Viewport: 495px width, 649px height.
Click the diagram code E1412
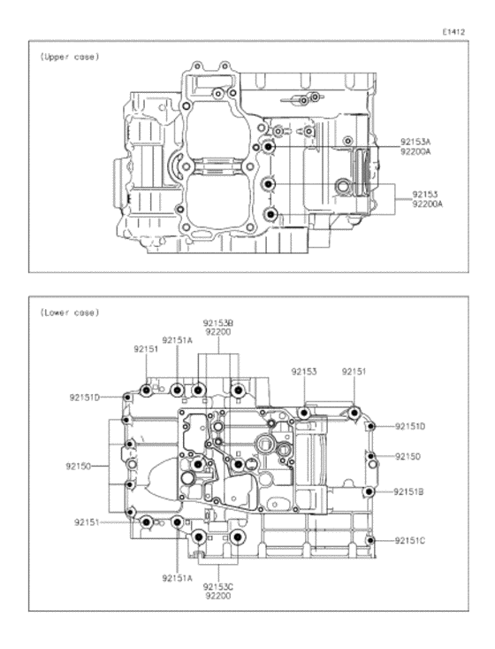coord(453,32)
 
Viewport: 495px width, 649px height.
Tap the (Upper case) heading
coord(70,57)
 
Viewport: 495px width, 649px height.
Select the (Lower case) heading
coord(70,313)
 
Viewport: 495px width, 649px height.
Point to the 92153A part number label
coord(415,143)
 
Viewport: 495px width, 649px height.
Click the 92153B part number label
coord(217,323)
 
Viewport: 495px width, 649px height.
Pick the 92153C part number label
coord(218,587)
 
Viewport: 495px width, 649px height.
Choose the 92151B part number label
coord(408,491)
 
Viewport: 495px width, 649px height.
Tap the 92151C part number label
coord(410,541)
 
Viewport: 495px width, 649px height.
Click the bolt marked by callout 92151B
coord(369,491)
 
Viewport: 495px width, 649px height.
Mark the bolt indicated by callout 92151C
coord(370,541)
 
